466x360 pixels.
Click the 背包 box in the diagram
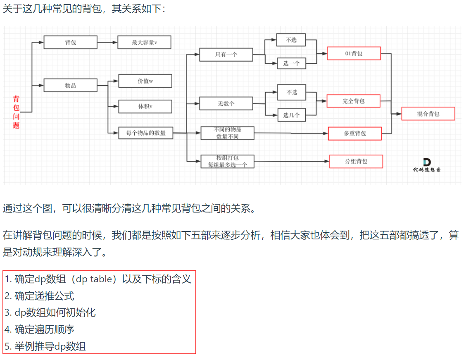[71, 42]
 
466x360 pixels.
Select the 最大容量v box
[144, 42]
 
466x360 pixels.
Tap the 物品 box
[71, 85]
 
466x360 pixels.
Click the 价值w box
[145, 81]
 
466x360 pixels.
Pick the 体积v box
[145, 106]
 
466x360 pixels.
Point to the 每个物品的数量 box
[146, 133]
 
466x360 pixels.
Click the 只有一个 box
[226, 55]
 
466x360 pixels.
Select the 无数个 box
[226, 103]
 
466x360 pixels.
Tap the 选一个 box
[291, 63]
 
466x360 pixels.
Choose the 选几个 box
[291, 115]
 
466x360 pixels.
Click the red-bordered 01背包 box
[354, 53]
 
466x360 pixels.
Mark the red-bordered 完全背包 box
[354, 101]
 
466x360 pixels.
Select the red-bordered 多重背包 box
[355, 134]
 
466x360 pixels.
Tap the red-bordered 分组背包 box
[356, 161]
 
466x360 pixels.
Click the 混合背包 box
[428, 114]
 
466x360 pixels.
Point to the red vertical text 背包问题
[16, 112]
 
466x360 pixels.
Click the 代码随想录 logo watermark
[426, 165]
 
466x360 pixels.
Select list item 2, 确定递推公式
[40, 296]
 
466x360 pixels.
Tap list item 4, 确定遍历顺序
[40, 329]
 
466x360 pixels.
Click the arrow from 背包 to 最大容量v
[107, 42]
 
